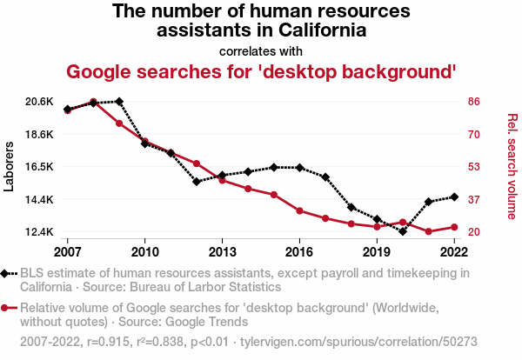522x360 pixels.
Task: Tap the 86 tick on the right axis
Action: pos(474,102)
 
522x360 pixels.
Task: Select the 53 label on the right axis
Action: pos(474,167)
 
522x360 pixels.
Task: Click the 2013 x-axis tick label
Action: pos(222,252)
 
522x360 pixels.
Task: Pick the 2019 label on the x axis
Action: pos(377,252)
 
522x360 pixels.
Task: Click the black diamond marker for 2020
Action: pos(402,231)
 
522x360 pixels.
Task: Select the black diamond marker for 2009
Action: pos(119,102)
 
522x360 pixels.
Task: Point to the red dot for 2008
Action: pos(93,102)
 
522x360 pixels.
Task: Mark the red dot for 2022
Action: pos(453,227)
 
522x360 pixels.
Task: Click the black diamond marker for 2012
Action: pos(197,182)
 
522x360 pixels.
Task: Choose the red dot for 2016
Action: pos(299,210)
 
